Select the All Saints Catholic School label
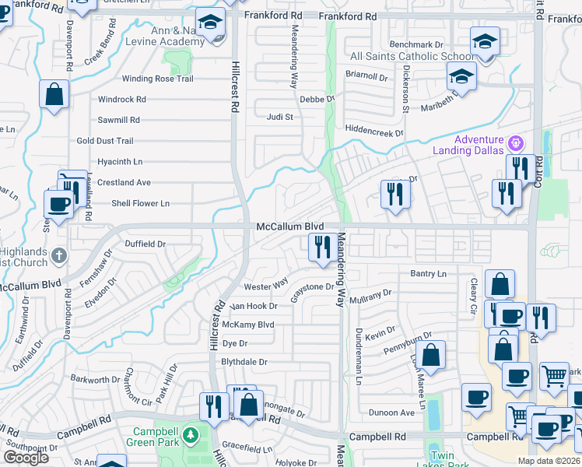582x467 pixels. tap(412, 57)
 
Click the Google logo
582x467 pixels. tap(26, 458)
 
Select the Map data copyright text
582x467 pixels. tap(549, 461)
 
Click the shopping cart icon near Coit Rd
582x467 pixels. tap(554, 376)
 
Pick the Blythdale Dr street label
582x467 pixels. tap(244, 363)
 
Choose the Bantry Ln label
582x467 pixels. tap(428, 274)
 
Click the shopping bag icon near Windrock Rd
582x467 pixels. tap(54, 95)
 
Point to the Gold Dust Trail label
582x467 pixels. tap(105, 141)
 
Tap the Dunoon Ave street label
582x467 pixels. tap(392, 413)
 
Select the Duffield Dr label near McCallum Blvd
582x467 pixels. tap(145, 244)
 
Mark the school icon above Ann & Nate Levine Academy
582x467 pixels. tap(209, 23)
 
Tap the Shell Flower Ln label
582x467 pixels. tap(141, 203)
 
